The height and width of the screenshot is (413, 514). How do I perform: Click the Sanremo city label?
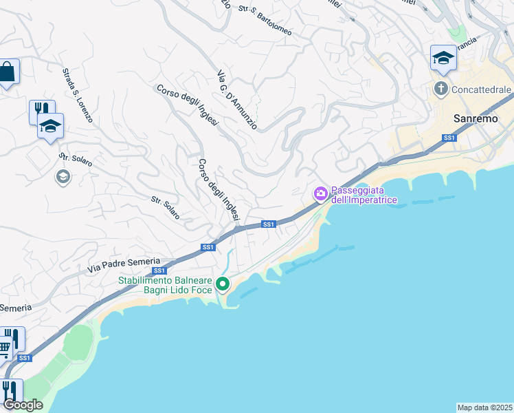tap(476, 118)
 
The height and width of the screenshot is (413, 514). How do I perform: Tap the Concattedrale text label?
tap(481, 89)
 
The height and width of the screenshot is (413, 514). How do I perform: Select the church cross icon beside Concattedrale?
tap(440, 89)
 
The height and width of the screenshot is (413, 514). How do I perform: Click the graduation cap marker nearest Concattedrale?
tap(443, 59)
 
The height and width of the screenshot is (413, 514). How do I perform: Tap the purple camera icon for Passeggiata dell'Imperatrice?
tap(320, 195)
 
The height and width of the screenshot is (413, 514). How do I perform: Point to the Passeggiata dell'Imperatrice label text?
tap(357, 195)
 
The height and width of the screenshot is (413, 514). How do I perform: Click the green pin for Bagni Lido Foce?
tap(223, 284)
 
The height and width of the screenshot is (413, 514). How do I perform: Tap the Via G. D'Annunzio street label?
tap(236, 100)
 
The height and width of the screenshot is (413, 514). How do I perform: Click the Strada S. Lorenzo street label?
tap(77, 95)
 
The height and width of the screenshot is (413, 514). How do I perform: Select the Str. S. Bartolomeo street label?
tap(265, 21)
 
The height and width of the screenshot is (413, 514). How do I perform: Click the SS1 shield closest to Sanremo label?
tap(449, 138)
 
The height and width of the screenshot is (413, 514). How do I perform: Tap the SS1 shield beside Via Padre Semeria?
tap(159, 271)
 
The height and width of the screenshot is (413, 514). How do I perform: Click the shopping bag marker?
tap(7, 72)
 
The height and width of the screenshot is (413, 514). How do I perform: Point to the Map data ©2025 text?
tap(484, 407)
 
